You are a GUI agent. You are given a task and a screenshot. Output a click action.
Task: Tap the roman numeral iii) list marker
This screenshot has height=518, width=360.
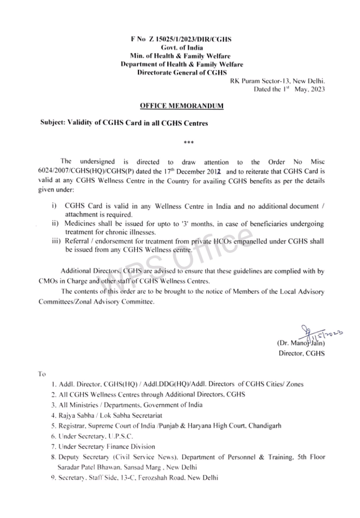tap(56, 241)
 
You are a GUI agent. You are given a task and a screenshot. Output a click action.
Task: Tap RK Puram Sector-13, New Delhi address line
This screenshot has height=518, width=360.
tap(277, 81)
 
